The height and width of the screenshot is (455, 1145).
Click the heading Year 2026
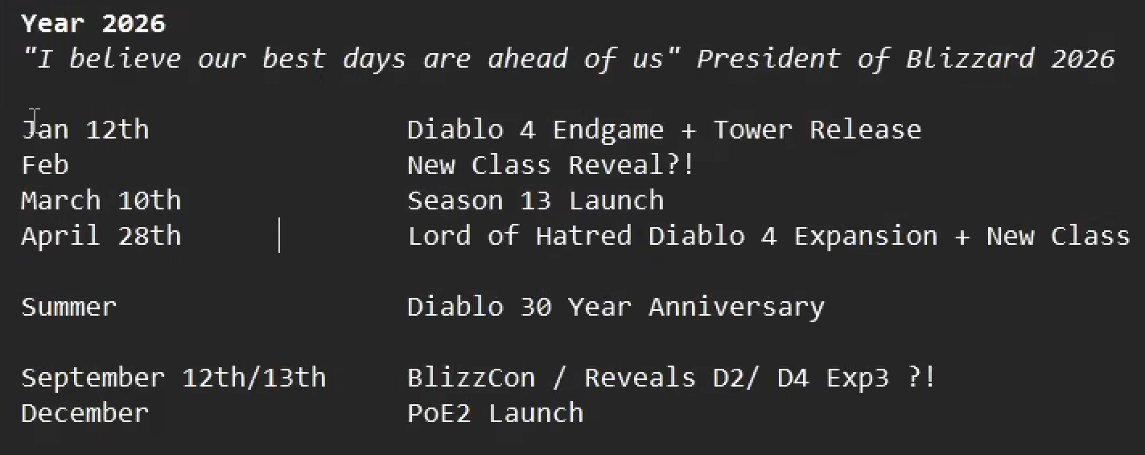(93, 23)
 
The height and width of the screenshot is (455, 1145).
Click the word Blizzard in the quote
(970, 58)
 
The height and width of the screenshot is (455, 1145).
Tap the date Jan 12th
(85, 130)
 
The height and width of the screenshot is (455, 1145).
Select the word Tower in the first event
(752, 130)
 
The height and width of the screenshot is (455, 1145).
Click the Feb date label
(45, 165)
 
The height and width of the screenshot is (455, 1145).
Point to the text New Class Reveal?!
(551, 165)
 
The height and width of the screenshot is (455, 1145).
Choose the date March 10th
(101, 200)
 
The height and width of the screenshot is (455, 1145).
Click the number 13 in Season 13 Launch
(535, 200)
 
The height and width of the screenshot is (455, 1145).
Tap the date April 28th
(101, 236)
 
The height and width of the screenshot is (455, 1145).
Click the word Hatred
(583, 236)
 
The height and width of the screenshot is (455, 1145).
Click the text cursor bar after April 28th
(279, 235)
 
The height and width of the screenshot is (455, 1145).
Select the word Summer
(69, 307)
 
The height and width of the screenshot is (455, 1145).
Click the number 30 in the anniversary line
(535, 307)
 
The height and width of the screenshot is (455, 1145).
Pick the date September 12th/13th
(174, 378)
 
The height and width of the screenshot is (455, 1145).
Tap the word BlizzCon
(472, 378)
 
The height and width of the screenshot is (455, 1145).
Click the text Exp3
(858, 378)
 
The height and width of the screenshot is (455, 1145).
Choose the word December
(84, 413)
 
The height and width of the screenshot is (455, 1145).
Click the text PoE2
(439, 413)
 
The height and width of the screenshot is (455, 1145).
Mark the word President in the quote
(768, 58)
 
